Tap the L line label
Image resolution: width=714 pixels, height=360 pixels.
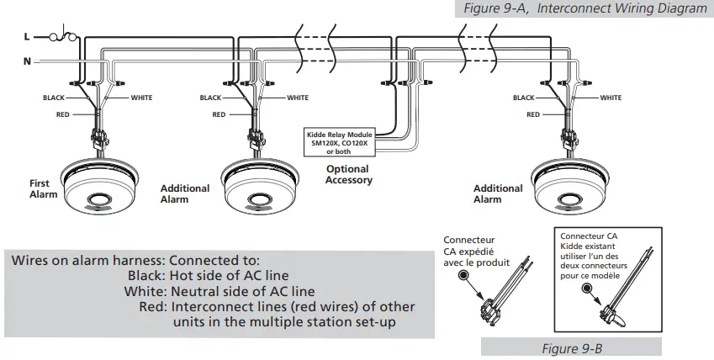(x=27, y=38)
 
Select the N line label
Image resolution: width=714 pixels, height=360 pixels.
(x=27, y=60)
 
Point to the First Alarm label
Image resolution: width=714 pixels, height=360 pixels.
(x=40, y=188)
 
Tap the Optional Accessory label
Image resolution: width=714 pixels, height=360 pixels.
(x=348, y=175)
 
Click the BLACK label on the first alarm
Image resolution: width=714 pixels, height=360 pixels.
(x=54, y=98)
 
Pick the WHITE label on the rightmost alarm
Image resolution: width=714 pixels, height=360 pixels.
(x=611, y=98)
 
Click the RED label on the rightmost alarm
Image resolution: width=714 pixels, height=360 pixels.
(x=532, y=114)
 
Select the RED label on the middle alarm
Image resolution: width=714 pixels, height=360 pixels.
(x=219, y=114)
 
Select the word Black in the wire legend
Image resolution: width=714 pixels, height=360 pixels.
(x=146, y=275)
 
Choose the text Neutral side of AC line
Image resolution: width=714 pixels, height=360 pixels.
(x=243, y=291)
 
